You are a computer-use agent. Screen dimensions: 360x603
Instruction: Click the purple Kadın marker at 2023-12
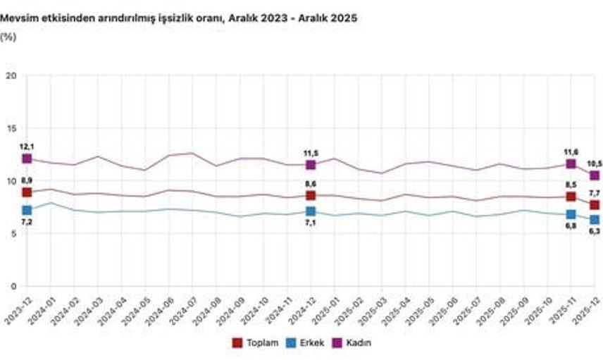[27, 159]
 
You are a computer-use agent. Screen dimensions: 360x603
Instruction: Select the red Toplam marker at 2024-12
[311, 195]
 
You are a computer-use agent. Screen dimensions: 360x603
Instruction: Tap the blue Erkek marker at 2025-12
[595, 221]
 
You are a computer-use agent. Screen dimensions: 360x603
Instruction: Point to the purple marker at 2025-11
[571, 164]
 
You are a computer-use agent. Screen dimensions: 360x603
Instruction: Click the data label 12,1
[27, 146]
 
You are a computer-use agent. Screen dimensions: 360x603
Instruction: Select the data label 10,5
[594, 163]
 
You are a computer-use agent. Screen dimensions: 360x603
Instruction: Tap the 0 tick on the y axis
[13, 286]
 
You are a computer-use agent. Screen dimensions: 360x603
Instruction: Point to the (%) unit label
[8, 37]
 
